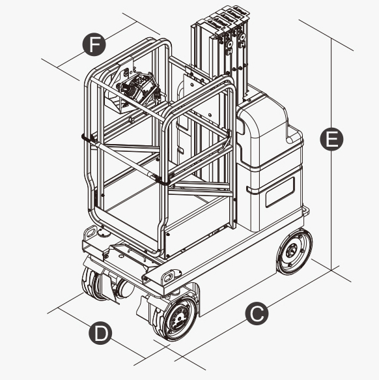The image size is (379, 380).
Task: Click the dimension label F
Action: pyautogui.click(x=94, y=44)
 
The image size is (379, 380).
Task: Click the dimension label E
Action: pyautogui.click(x=331, y=139)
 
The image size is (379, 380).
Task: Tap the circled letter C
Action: pyautogui.click(x=257, y=314)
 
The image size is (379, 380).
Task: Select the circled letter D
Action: pyautogui.click(x=100, y=333)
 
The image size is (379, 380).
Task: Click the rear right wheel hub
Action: pyautogui.click(x=292, y=252)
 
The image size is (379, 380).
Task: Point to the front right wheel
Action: pyautogui.click(x=175, y=319)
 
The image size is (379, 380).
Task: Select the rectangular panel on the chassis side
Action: pyautogui.click(x=280, y=192)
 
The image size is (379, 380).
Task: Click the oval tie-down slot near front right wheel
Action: pyautogui.click(x=169, y=276)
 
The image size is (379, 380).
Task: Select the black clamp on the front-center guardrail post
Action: pyautogui.click(x=161, y=180)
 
